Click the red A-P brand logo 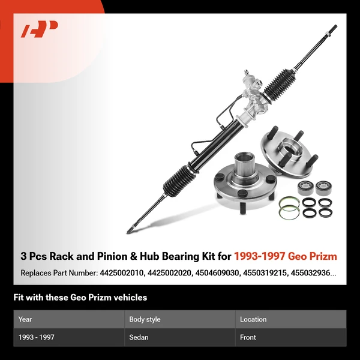(39, 29)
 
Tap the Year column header (25, 319)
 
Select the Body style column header (145, 319)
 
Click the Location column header (253, 319)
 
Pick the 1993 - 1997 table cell (36, 337)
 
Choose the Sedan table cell (139, 337)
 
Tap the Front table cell (248, 337)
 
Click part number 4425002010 (121, 273)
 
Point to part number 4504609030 (217, 273)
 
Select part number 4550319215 (265, 273)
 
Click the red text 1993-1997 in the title (259, 256)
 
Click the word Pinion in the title (113, 256)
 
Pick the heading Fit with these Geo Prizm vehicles (80, 298)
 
